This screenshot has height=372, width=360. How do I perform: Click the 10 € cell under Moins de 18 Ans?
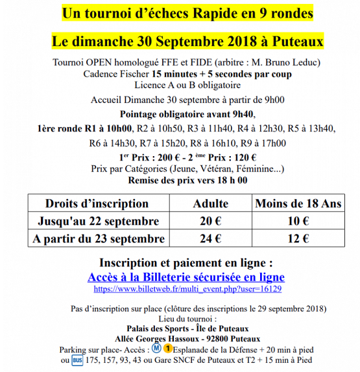click(298, 221)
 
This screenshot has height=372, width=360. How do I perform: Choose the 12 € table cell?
click(298, 238)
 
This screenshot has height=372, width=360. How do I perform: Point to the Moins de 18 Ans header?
click(298, 203)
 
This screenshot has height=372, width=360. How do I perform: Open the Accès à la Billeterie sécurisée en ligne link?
click(186, 276)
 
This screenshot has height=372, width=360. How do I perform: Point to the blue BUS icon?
click(78, 359)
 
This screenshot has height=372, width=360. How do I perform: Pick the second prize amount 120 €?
click(245, 157)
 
